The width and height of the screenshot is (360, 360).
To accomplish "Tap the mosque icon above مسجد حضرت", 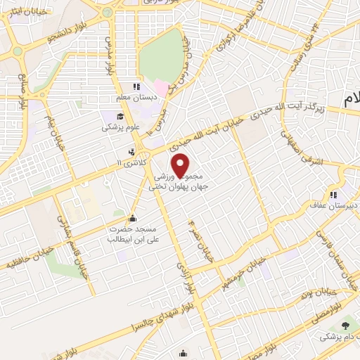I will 134,217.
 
